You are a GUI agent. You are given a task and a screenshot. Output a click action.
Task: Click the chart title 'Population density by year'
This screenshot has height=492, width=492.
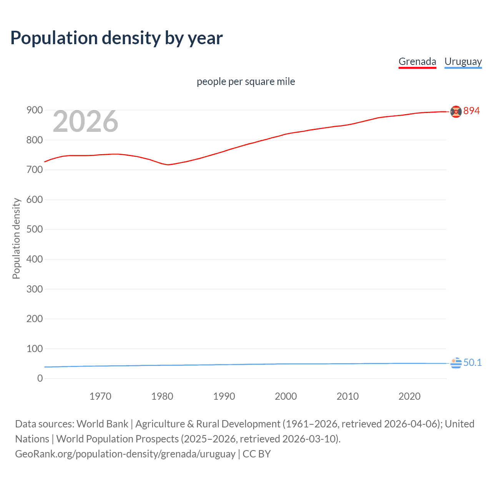(116, 38)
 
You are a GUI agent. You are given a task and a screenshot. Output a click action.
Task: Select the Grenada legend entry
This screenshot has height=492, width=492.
(417, 61)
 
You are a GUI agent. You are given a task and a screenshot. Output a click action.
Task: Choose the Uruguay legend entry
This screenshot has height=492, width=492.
(463, 61)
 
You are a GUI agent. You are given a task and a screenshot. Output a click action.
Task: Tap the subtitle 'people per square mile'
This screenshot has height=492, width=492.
(246, 81)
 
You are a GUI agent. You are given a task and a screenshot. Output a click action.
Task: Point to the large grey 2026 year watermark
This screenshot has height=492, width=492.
(85, 121)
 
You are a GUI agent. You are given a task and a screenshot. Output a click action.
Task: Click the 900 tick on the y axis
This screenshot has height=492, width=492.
(35, 110)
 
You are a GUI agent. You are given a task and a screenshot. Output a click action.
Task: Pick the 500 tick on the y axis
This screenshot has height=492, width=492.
(35, 229)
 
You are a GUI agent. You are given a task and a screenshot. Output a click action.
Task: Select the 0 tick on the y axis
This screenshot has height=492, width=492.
(40, 379)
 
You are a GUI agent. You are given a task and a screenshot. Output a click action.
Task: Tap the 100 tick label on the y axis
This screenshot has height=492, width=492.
(35, 349)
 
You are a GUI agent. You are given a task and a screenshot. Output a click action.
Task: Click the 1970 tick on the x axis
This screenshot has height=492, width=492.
(100, 396)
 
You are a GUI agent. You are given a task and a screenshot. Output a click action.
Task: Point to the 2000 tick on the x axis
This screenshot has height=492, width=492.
(286, 396)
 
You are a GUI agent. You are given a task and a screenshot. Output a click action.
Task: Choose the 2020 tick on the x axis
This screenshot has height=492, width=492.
(409, 396)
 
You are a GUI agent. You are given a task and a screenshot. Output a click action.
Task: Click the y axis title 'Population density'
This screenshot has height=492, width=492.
(16, 238)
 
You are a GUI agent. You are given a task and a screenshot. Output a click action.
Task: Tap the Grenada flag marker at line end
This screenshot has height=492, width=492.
(456, 111)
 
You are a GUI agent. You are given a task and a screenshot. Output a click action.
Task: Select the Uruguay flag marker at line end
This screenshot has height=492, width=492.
(456, 363)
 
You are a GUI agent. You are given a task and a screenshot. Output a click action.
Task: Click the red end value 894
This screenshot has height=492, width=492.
(472, 111)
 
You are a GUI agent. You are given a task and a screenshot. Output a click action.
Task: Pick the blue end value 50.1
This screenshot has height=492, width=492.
(472, 363)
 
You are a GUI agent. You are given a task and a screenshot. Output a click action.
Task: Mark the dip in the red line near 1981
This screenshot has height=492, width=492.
(168, 165)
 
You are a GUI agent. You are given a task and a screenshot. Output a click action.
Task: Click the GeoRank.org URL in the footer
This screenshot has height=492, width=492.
(125, 454)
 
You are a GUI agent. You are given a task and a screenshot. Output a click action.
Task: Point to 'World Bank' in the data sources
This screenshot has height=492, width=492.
(102, 424)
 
